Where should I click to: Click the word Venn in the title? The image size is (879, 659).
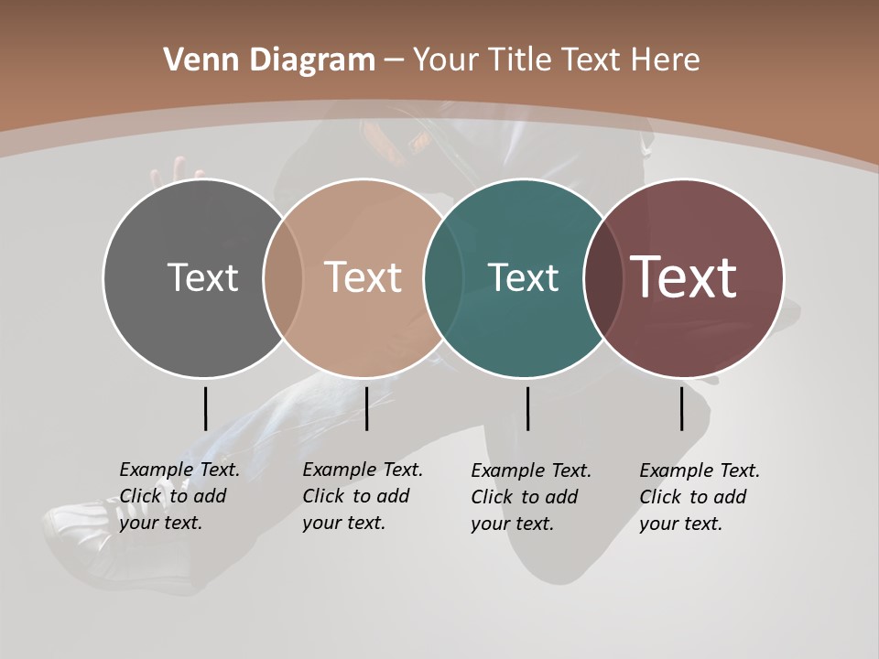coord(192,60)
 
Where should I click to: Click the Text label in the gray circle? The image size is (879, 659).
coord(202,277)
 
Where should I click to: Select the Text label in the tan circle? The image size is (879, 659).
coord(364,277)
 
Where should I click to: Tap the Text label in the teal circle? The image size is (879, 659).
coord(523,277)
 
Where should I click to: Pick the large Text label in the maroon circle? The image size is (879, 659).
coord(684,277)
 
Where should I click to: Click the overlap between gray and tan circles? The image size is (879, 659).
coord(283,277)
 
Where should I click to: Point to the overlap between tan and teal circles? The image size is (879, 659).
coord(444,277)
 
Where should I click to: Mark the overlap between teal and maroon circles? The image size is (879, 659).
coord(602,277)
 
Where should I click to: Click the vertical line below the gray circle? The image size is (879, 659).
coord(205,408)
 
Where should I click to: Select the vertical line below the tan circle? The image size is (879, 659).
coord(366,408)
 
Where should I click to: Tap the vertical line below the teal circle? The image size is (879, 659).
coord(527,408)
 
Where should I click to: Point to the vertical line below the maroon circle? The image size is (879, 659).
coord(681,408)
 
